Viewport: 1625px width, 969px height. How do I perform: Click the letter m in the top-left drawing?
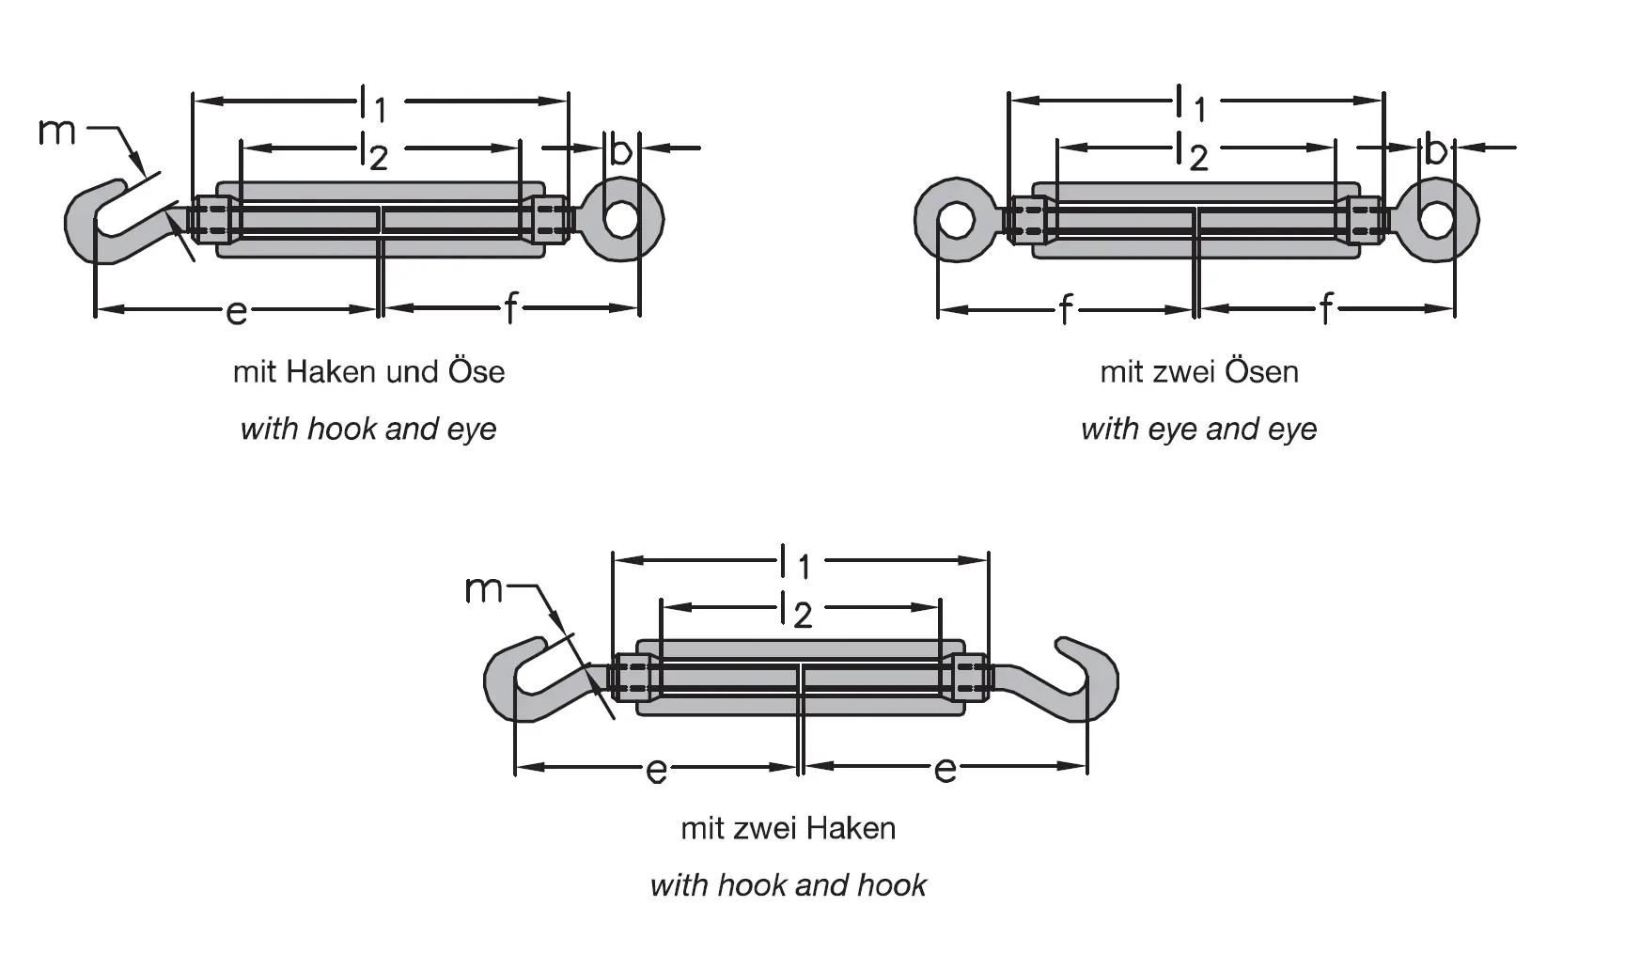tap(56, 131)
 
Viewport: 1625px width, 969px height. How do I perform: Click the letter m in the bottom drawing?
tap(484, 590)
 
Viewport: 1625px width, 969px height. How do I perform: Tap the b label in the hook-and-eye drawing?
tap(620, 149)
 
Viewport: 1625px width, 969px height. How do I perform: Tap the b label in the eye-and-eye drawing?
tap(1434, 149)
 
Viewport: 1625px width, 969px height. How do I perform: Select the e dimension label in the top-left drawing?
tap(236, 310)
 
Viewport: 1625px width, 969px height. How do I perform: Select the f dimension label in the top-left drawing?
tap(509, 308)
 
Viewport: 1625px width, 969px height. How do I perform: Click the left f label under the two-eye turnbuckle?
tap(1064, 308)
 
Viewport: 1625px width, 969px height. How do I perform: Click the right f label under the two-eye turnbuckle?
tap(1325, 308)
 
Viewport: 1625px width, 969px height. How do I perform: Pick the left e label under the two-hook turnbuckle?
tap(656, 771)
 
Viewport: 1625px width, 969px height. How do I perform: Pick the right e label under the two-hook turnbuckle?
tap(945, 770)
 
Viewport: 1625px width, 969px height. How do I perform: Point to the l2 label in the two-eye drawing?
tap(1192, 152)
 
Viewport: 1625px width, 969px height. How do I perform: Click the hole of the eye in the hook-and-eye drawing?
tap(619, 219)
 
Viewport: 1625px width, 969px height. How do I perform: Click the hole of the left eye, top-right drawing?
tap(956, 220)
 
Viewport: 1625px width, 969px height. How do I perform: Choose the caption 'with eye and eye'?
tap(1198, 430)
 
